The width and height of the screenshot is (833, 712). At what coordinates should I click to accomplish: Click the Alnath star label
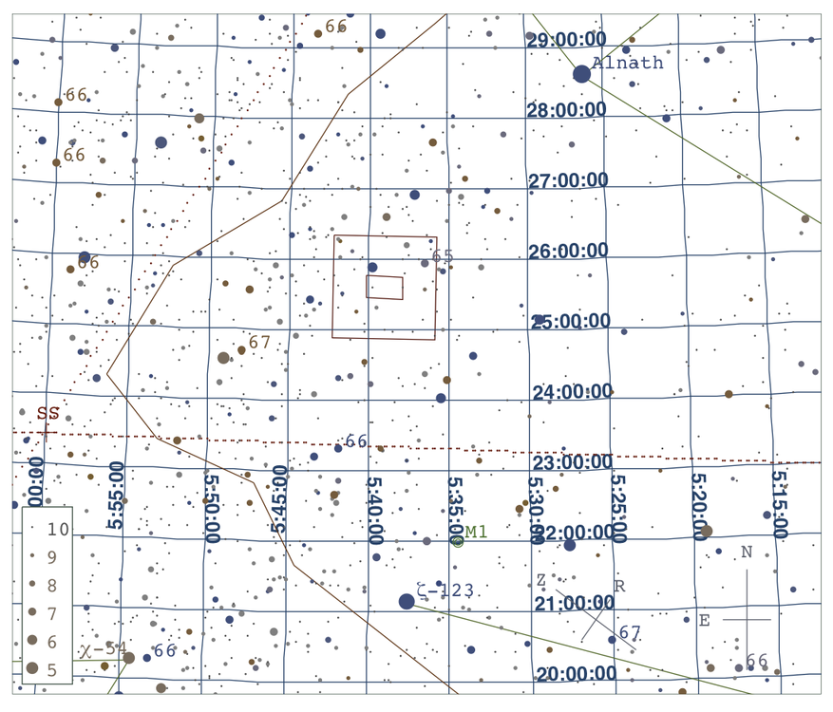(628, 63)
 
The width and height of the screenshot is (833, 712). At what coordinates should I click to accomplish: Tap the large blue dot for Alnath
(581, 74)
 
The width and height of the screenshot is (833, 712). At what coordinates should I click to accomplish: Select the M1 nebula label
(476, 532)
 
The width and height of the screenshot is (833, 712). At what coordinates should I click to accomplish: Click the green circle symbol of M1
(458, 541)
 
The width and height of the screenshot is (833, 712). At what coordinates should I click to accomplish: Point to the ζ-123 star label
(445, 590)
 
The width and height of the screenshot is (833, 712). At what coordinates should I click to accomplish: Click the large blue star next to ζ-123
(407, 601)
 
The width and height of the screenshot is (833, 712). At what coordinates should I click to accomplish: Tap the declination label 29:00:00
(567, 40)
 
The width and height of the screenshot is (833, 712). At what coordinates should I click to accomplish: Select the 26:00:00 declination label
(568, 251)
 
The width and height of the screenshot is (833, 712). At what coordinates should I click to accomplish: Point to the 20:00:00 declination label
(576, 674)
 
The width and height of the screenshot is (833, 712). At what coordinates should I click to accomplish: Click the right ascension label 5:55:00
(116, 495)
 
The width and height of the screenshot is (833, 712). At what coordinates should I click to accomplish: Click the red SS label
(48, 413)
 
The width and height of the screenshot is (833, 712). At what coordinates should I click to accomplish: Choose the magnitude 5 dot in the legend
(32, 668)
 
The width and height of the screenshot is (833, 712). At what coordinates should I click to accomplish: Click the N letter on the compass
(747, 553)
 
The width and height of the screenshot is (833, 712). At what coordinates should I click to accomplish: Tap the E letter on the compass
(704, 621)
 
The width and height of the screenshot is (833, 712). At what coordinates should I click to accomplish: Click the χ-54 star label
(103, 649)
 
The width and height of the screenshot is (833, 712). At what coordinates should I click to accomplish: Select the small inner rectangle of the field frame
(385, 287)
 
